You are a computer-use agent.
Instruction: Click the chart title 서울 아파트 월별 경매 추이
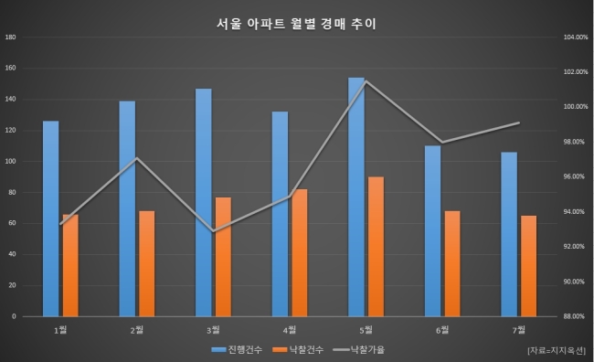296,24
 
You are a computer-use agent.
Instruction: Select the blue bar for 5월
356,197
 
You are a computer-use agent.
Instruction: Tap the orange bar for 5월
376,247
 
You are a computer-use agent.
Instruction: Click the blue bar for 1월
51,218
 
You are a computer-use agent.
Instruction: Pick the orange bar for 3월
223,257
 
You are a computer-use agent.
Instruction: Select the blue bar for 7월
509,234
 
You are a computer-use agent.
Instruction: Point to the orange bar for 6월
452,264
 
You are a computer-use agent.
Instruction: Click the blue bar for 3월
204,202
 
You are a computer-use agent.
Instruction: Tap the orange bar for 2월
146,264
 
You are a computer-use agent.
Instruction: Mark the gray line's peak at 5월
366,81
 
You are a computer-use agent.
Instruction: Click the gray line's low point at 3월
213,231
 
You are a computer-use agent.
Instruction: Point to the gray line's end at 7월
519,122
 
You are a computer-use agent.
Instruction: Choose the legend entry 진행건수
237,349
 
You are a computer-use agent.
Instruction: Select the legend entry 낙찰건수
298,349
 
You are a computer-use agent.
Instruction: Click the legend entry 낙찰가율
359,349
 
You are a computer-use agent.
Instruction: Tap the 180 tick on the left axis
11,37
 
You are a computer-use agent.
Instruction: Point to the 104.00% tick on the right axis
576,37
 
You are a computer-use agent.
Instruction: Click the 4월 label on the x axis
290,330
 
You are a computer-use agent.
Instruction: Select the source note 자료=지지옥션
557,350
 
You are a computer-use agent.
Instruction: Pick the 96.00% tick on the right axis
574,176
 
